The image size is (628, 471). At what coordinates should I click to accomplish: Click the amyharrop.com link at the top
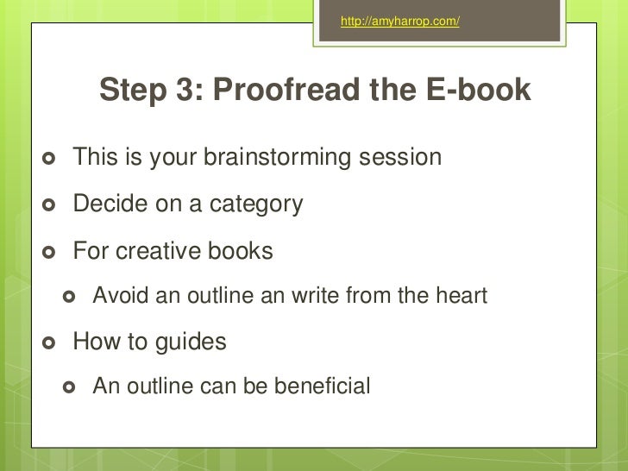(399, 22)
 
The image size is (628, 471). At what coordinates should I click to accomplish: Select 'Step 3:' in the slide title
(151, 90)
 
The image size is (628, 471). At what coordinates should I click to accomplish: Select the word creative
(160, 251)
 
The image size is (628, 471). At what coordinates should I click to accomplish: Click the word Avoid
(118, 297)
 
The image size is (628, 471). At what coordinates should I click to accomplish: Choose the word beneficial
(322, 386)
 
